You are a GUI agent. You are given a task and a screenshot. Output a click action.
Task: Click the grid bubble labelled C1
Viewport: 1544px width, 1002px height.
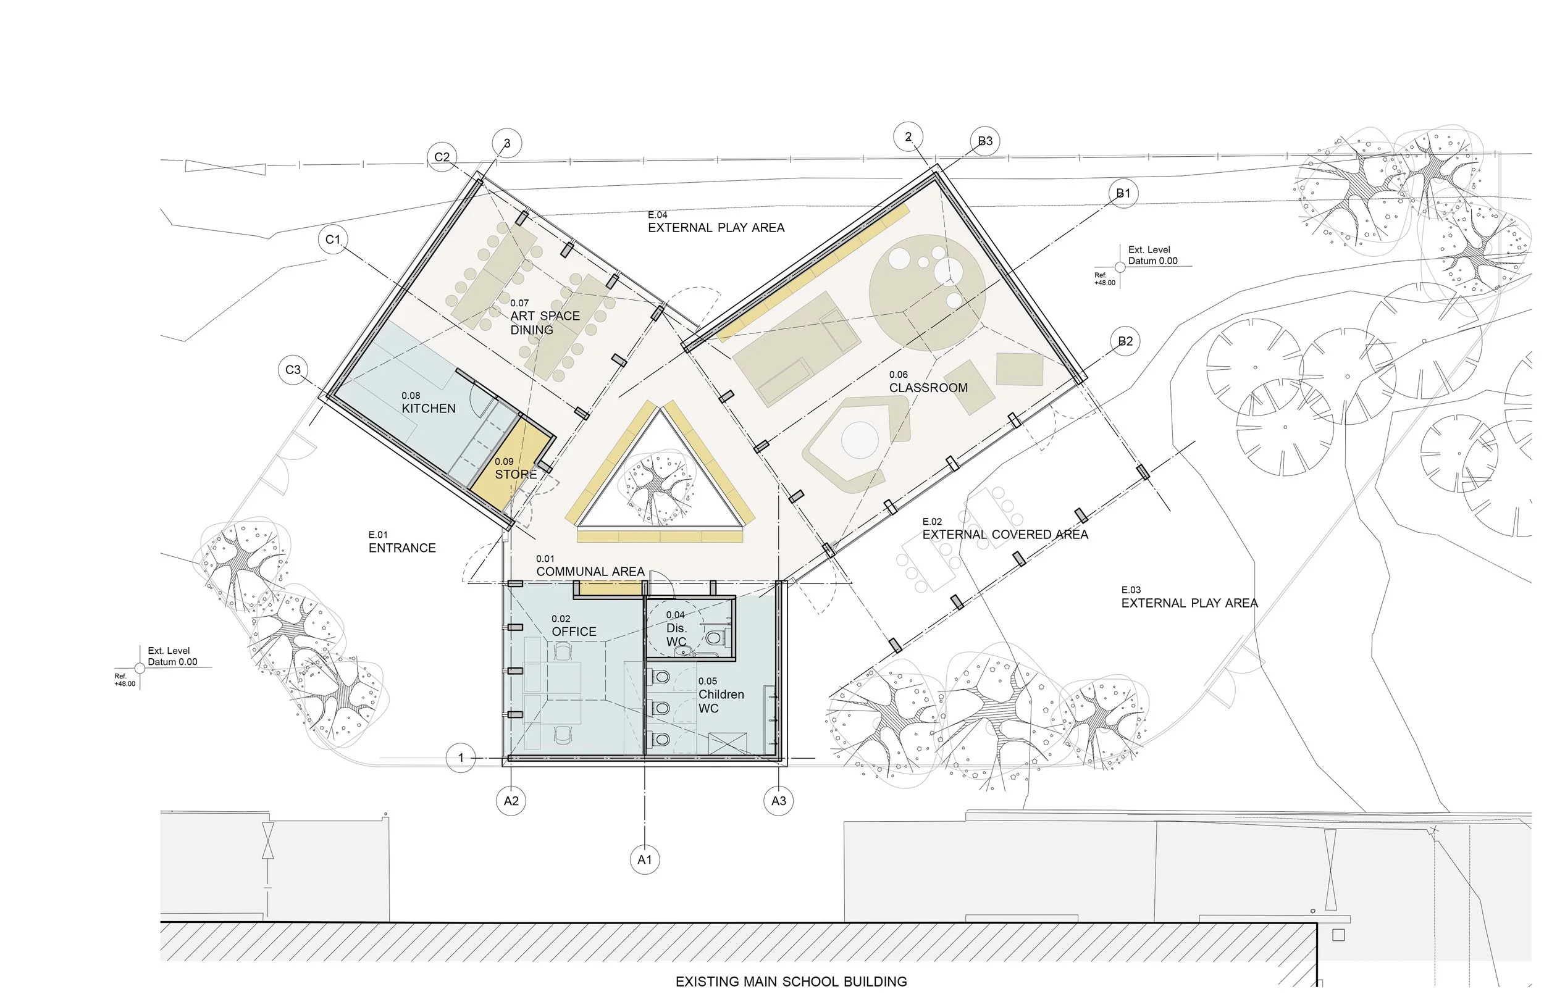click(333, 240)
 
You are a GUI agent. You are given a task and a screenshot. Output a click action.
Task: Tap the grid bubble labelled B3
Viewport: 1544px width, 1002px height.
click(985, 141)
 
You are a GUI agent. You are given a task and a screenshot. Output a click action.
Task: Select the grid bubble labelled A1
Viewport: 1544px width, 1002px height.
click(644, 860)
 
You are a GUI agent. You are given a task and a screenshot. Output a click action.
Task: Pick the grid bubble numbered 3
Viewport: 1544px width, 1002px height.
click(506, 143)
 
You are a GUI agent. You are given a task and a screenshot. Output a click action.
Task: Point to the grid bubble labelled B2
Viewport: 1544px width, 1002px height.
click(1125, 342)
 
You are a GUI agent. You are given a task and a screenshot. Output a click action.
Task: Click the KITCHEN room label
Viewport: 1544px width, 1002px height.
click(428, 408)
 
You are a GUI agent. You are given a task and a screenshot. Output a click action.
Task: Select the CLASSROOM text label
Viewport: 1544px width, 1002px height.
click(928, 388)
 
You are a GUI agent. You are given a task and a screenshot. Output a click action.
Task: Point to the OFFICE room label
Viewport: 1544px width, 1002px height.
click(574, 631)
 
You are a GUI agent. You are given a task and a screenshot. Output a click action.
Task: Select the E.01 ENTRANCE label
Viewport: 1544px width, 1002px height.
click(401, 548)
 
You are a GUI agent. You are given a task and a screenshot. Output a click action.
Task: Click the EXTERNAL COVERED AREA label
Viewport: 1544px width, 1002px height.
click(1005, 535)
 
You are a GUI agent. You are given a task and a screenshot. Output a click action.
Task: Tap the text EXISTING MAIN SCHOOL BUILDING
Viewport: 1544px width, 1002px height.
click(791, 981)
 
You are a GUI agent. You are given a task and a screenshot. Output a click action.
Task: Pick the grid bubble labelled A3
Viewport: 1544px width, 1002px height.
click(779, 801)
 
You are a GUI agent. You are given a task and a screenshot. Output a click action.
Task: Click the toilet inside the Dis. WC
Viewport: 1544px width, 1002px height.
click(713, 638)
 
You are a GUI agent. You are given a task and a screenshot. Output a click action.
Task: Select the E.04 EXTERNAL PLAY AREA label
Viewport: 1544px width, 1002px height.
click(716, 228)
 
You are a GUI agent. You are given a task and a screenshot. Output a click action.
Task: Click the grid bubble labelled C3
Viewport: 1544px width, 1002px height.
click(293, 370)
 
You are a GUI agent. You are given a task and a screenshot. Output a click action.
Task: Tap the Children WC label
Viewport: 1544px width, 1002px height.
click(720, 701)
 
